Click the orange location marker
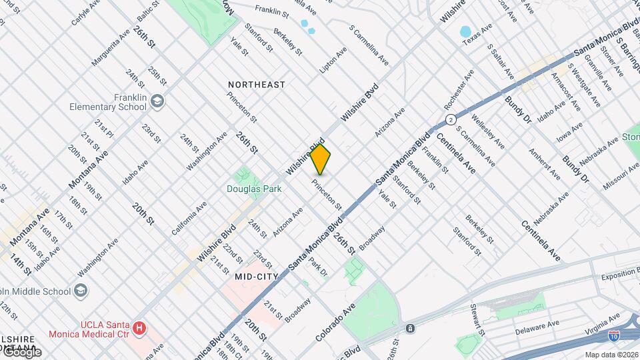coord(321,159)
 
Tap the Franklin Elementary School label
coord(111,102)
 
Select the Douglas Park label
coord(254,189)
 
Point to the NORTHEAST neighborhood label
coord(257,85)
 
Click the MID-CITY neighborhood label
coord(256,275)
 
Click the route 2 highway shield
coord(451,119)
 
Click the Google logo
coord(21,351)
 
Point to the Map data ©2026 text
coord(611,354)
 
